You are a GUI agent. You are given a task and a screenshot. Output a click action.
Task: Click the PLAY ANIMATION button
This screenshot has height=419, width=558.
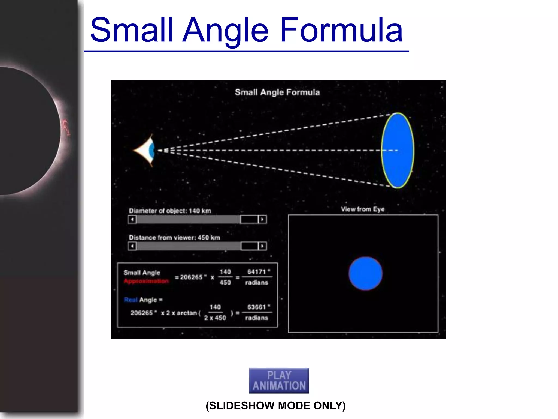point(279,380)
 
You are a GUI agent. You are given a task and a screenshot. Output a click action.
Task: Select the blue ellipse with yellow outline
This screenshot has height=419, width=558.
point(398,150)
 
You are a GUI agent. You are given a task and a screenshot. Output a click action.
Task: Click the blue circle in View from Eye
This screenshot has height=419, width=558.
point(365,273)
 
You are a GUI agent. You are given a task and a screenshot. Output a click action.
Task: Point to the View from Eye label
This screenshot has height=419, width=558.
point(362,209)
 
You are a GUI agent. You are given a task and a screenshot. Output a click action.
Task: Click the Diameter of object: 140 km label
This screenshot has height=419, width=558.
point(170,211)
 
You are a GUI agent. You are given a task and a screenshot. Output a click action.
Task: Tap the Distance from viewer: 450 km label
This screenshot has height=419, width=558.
point(174,238)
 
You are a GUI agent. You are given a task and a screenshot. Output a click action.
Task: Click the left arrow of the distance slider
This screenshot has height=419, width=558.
point(132,246)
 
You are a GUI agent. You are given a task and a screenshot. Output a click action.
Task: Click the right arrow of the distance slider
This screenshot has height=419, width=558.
point(262,246)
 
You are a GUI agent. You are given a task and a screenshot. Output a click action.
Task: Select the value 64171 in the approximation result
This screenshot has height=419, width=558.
point(256,272)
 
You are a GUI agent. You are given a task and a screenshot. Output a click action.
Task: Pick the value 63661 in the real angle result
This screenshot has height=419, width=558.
point(256,307)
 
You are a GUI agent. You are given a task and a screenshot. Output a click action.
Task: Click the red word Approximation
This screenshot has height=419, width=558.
point(146,281)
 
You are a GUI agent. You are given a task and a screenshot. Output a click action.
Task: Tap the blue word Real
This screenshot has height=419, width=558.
point(131,300)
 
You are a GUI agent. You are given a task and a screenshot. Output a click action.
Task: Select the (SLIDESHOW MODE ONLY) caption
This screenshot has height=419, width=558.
point(275,406)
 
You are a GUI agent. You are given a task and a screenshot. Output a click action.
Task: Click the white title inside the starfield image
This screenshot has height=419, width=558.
point(277,92)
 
